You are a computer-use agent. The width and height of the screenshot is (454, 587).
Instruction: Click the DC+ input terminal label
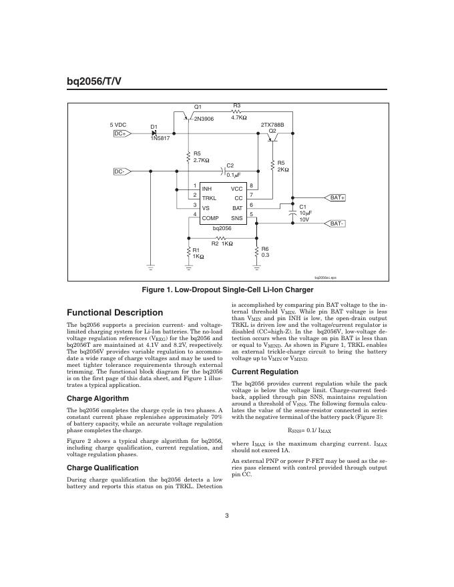[121, 133]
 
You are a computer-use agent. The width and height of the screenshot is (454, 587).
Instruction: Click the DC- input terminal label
[121, 171]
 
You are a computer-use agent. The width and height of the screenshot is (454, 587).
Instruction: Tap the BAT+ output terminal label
[337, 198]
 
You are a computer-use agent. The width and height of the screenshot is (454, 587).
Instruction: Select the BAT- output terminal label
[337, 223]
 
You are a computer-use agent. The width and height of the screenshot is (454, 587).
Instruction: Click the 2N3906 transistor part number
[204, 119]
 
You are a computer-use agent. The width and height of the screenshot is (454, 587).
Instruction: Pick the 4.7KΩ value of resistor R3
[239, 117]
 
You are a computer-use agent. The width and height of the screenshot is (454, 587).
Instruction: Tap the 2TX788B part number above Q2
[272, 125]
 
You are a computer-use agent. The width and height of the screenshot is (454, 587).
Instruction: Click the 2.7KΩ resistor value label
[202, 160]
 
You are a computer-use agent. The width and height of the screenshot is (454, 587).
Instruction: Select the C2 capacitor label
[230, 165]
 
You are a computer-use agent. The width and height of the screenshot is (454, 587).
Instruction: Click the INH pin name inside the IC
[207, 189]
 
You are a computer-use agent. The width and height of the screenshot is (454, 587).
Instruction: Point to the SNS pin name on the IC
[237, 218]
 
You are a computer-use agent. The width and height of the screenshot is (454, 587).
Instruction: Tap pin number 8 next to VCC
[251, 185]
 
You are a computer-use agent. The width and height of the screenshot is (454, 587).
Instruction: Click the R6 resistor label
[265, 249]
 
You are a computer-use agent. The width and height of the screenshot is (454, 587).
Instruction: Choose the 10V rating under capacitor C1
[304, 219]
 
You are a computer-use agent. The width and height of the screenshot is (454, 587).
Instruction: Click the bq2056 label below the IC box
[222, 228]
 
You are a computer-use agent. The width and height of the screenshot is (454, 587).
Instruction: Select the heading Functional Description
[115, 312]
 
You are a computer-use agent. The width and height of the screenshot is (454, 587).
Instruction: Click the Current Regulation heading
[265, 372]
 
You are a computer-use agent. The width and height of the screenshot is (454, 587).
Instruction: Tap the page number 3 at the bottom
[227, 514]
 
